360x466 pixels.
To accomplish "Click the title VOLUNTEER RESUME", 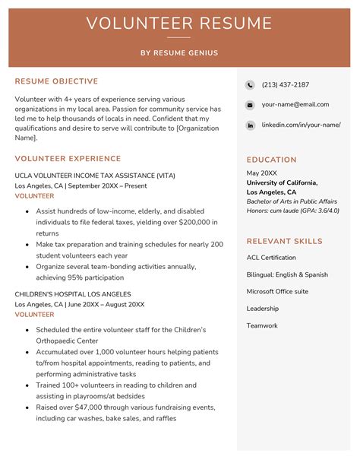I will click(179, 23).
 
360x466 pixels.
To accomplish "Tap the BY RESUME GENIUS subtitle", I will click(179, 53).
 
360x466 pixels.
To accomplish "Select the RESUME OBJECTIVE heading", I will click(56, 81).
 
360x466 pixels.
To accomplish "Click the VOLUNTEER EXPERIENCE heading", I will click(68, 159).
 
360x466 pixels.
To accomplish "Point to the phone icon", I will click(250, 84).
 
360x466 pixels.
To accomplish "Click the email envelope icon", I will click(250, 105).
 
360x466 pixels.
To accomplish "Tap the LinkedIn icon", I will click(250, 125).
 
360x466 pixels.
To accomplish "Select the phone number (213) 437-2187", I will click(285, 84).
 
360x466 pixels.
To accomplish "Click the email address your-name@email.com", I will click(295, 104).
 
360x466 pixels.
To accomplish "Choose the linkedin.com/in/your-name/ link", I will click(301, 125).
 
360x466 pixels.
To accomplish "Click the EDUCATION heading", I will click(271, 160).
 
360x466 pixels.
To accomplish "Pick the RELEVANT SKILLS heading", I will click(284, 241).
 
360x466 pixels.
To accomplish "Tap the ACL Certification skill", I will click(271, 258).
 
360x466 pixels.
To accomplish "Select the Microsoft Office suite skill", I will click(277, 291).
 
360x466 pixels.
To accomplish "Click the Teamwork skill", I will click(262, 325).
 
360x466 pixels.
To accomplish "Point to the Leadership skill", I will click(263, 309).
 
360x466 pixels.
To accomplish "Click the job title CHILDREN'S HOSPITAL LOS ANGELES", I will click(73, 294).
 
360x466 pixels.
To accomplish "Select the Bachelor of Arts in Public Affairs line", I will click(292, 201).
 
